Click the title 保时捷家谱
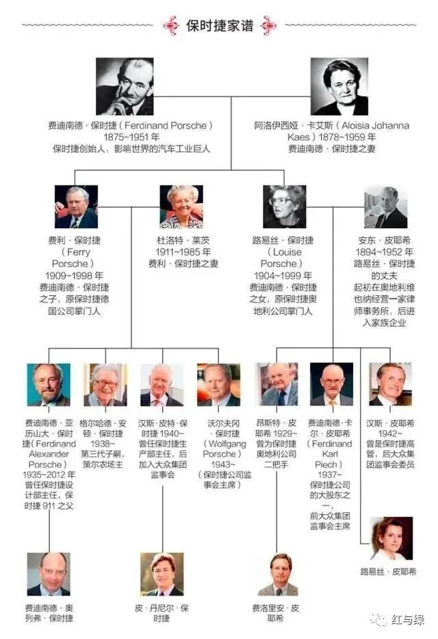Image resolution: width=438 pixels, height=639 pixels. click(220, 26)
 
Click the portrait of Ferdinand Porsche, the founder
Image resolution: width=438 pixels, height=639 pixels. click(125, 86)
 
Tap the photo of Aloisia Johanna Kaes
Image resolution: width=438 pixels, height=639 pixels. click(339, 86)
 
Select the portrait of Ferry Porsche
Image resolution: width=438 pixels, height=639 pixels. click(76, 207)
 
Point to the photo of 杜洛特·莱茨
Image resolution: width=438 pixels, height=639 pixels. click(181, 207)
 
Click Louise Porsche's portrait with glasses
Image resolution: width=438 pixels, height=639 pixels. click(284, 207)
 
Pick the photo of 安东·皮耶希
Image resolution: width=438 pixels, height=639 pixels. click(386, 207)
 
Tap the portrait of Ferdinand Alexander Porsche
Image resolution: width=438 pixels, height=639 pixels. click(49, 385)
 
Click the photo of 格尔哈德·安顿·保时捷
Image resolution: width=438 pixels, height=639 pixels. click(105, 385)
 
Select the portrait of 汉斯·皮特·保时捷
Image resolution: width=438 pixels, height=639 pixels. click(162, 385)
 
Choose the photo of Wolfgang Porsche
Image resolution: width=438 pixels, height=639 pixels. click(218, 385)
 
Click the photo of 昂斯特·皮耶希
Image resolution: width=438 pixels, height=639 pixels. click(277, 385)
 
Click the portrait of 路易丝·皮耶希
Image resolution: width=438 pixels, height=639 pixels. click(391, 538)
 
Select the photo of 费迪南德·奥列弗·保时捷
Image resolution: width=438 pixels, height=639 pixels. click(49, 574)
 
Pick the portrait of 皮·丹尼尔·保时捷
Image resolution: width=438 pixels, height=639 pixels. click(162, 574)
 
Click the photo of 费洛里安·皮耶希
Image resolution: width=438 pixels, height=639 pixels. click(277, 574)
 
